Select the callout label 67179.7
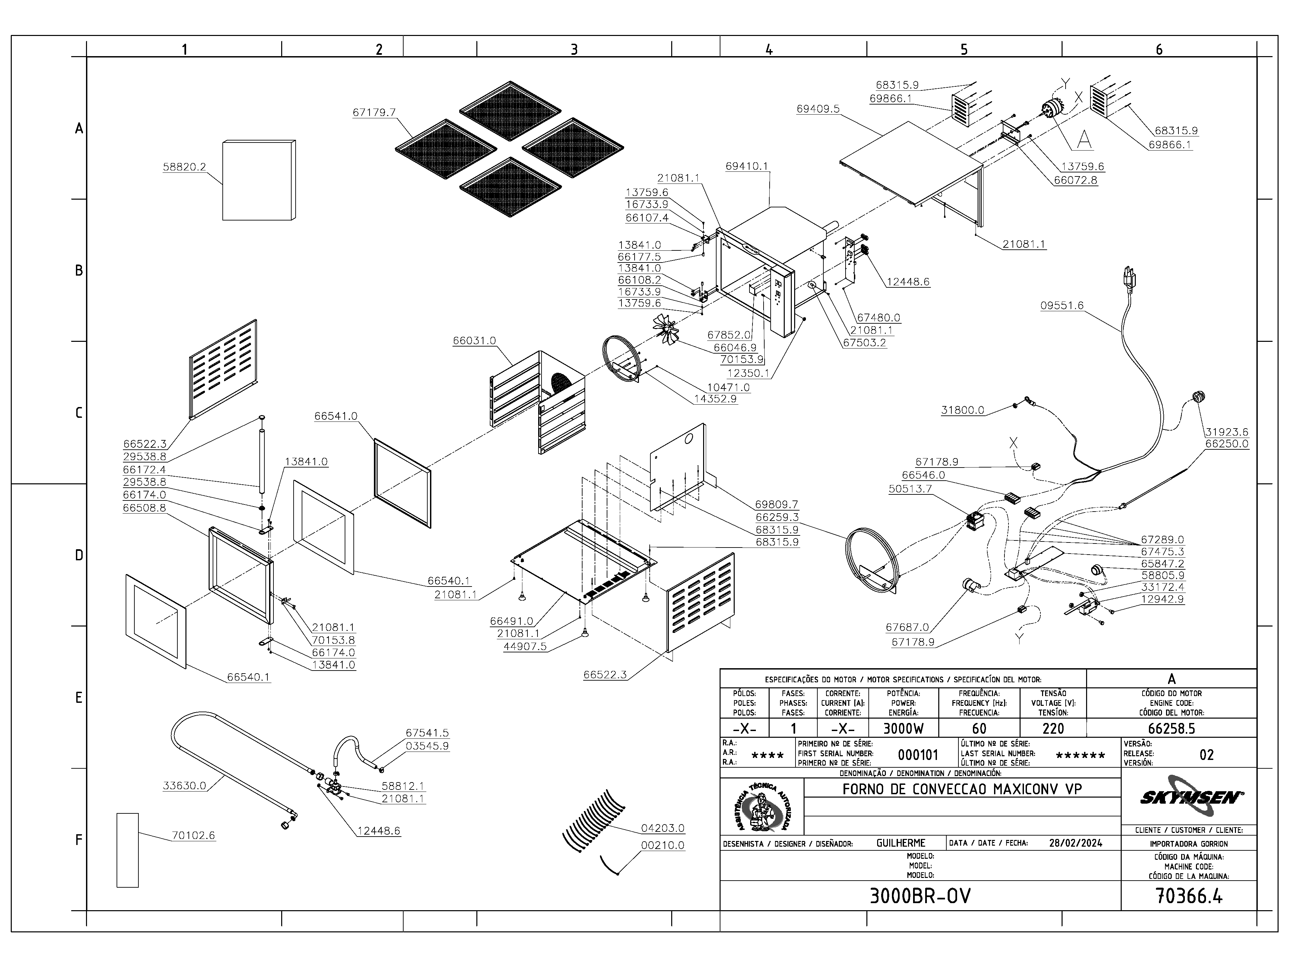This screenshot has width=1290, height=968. click(374, 113)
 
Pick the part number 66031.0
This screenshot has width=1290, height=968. click(474, 341)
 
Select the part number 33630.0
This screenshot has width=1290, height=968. click(184, 786)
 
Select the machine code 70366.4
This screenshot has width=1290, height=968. click(1189, 896)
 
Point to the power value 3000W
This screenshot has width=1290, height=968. click(903, 729)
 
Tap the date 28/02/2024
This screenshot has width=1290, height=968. click(1075, 843)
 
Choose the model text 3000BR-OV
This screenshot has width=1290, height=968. click(920, 896)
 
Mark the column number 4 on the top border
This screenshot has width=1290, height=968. click(769, 50)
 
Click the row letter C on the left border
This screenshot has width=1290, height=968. click(79, 413)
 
